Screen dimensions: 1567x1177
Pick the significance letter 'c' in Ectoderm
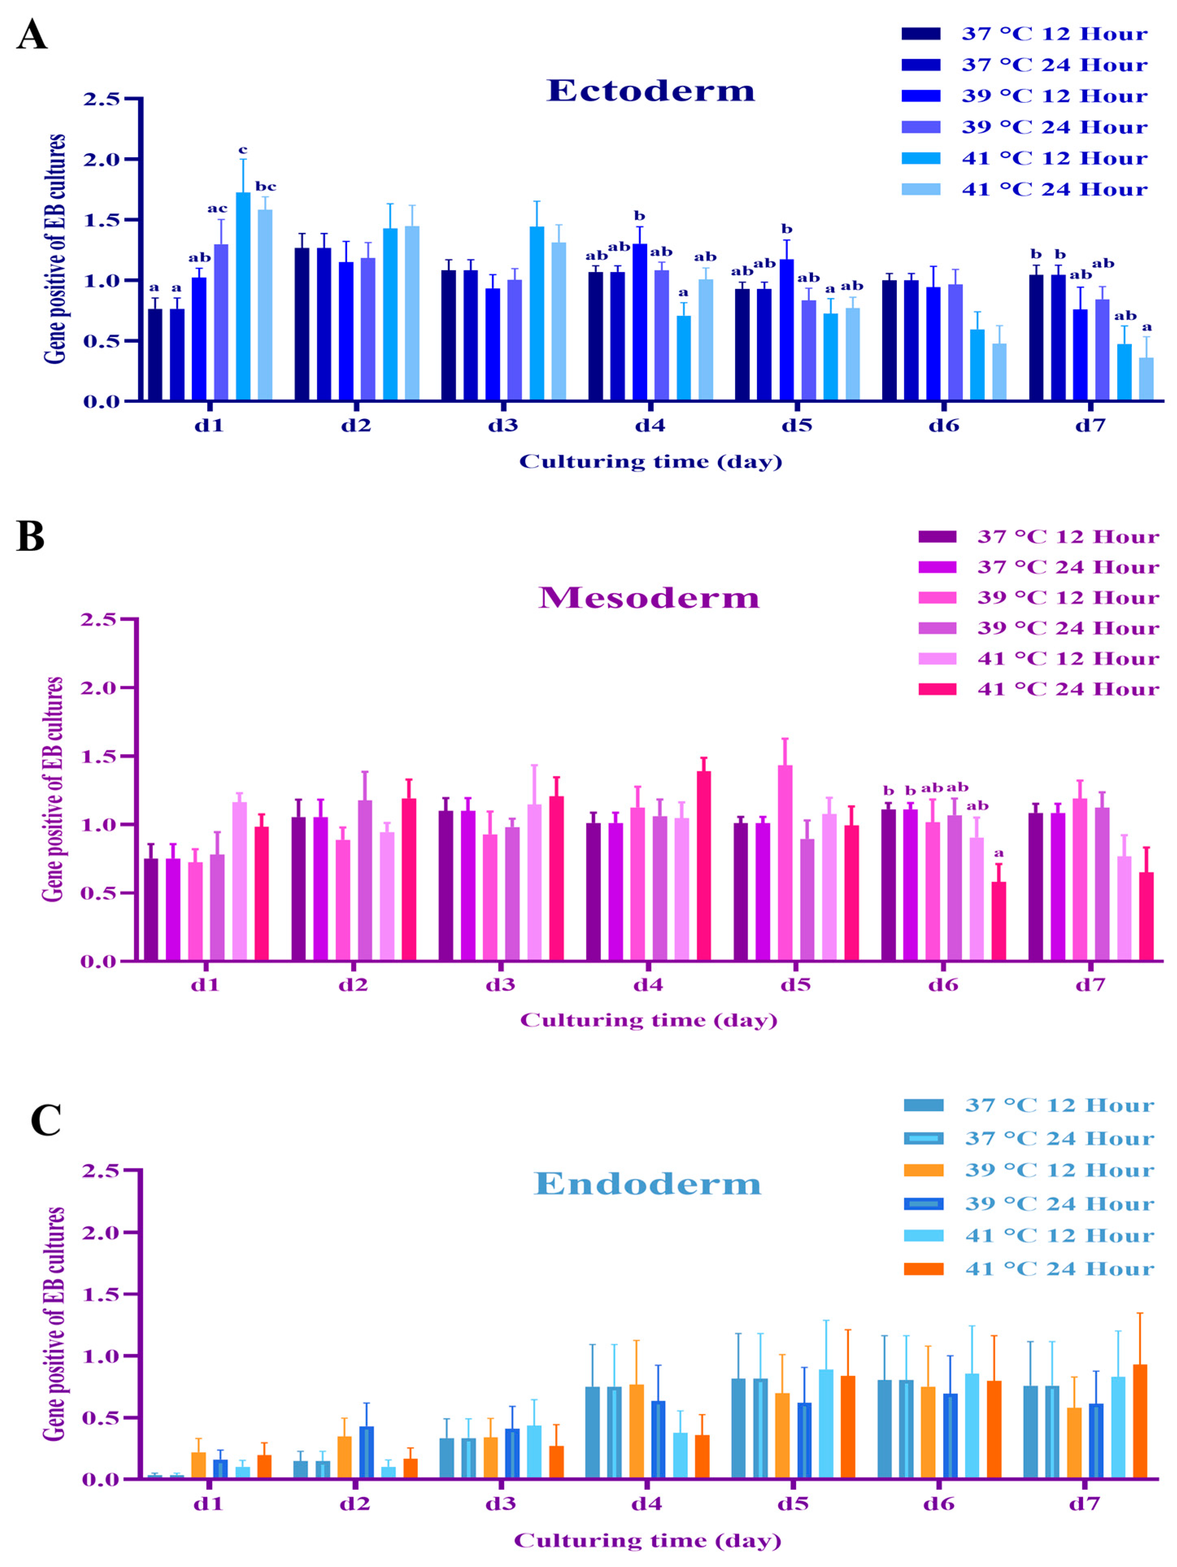[x=242, y=150]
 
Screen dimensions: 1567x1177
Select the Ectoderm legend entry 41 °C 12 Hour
[x=1054, y=158]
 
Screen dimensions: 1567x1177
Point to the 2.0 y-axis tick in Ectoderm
[x=103, y=159]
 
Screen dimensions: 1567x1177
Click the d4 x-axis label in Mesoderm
[x=648, y=984]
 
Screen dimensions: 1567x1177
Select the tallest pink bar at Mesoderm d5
[x=785, y=863]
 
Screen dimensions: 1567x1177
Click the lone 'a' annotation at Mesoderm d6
[x=999, y=853]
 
